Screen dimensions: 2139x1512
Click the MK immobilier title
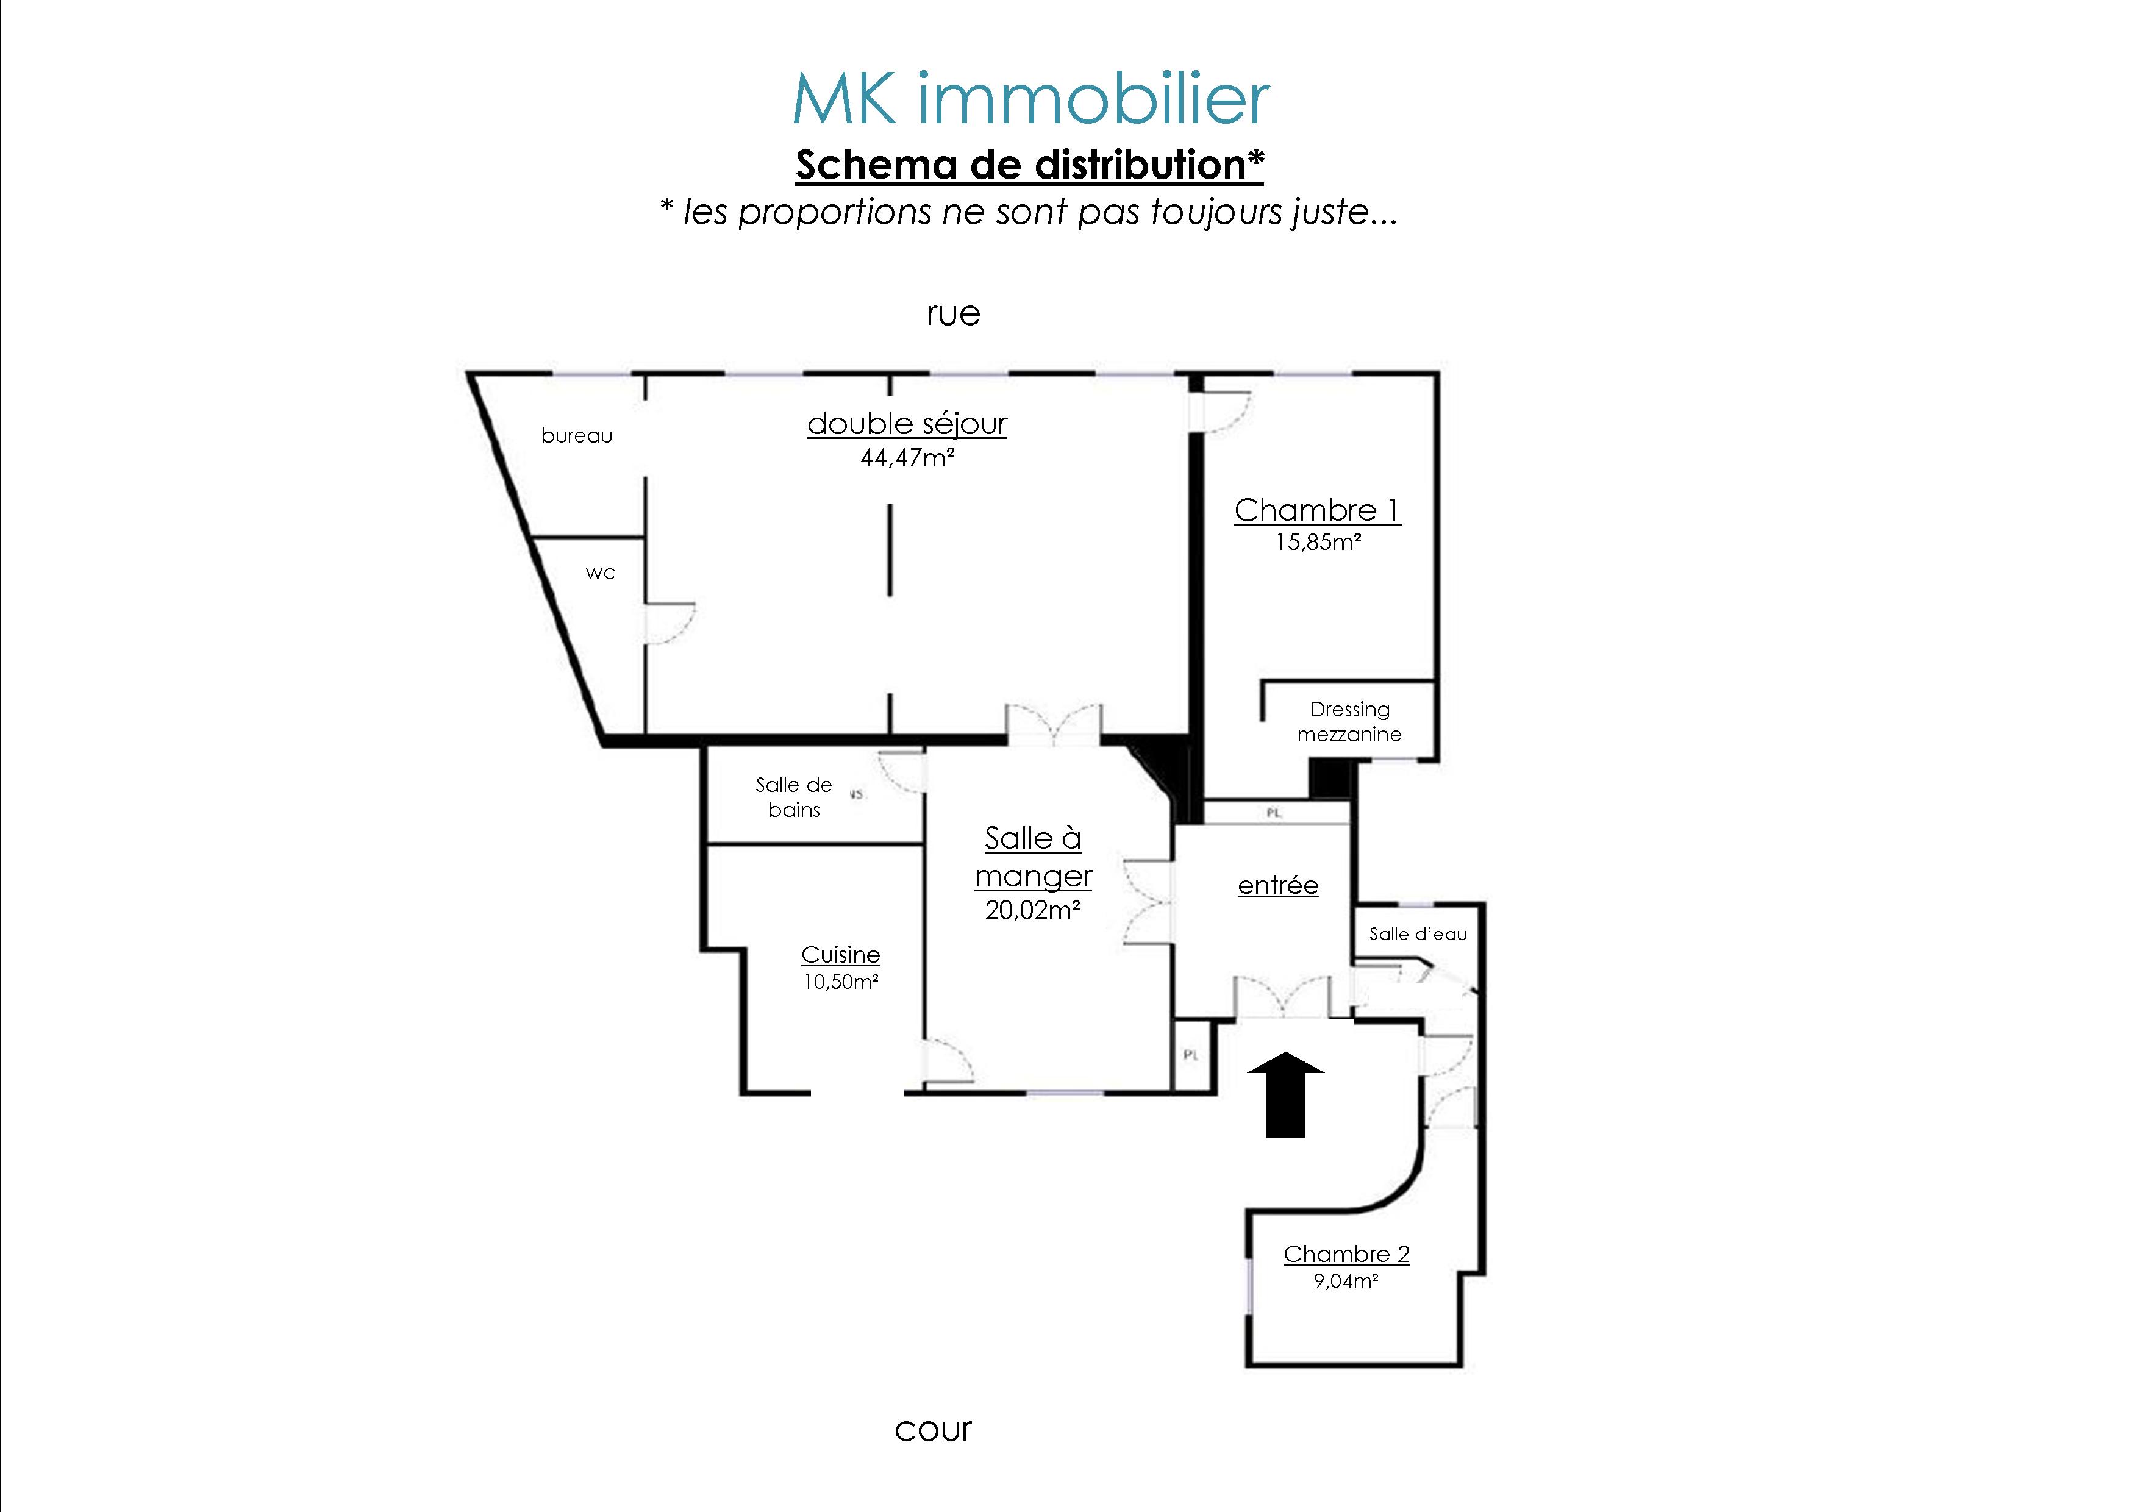(x=1030, y=99)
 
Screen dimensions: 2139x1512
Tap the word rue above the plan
(x=953, y=314)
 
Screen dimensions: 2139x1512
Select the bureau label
(x=577, y=435)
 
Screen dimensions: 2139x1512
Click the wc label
(x=601, y=573)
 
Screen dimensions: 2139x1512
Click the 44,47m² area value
(x=907, y=457)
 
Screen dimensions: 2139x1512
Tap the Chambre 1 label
(x=1317, y=510)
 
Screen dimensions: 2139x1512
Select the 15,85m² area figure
(x=1318, y=541)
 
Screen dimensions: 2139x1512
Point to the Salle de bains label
(x=794, y=797)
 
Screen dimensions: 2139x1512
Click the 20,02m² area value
(x=1033, y=910)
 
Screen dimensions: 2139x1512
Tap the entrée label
(x=1278, y=885)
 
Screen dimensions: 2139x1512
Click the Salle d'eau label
(x=1418, y=933)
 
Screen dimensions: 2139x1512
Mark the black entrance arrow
(x=1285, y=1094)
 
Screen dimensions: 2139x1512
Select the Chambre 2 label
(x=1346, y=1254)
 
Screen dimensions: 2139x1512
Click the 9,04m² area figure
(x=1346, y=1281)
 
